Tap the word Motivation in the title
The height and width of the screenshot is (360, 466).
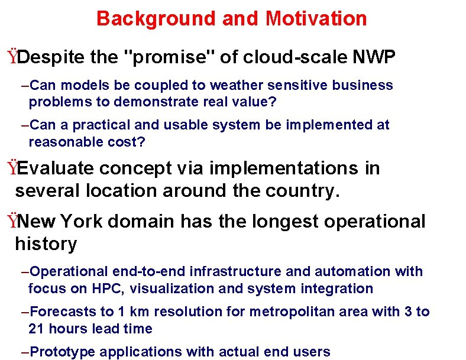tap(316, 18)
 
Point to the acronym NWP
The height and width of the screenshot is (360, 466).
tap(374, 57)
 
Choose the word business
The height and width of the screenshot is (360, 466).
tap(363, 85)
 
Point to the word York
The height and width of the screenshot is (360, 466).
tap(82, 222)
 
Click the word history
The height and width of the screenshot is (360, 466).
tap(46, 244)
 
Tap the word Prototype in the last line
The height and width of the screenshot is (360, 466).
tap(62, 352)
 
